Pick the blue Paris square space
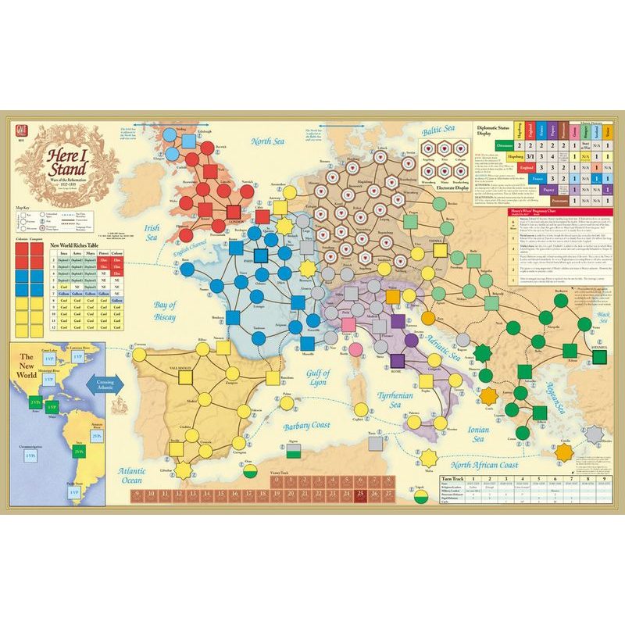tap(261, 255)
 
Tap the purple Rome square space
tap(397, 360)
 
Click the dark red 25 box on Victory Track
tap(360, 495)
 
